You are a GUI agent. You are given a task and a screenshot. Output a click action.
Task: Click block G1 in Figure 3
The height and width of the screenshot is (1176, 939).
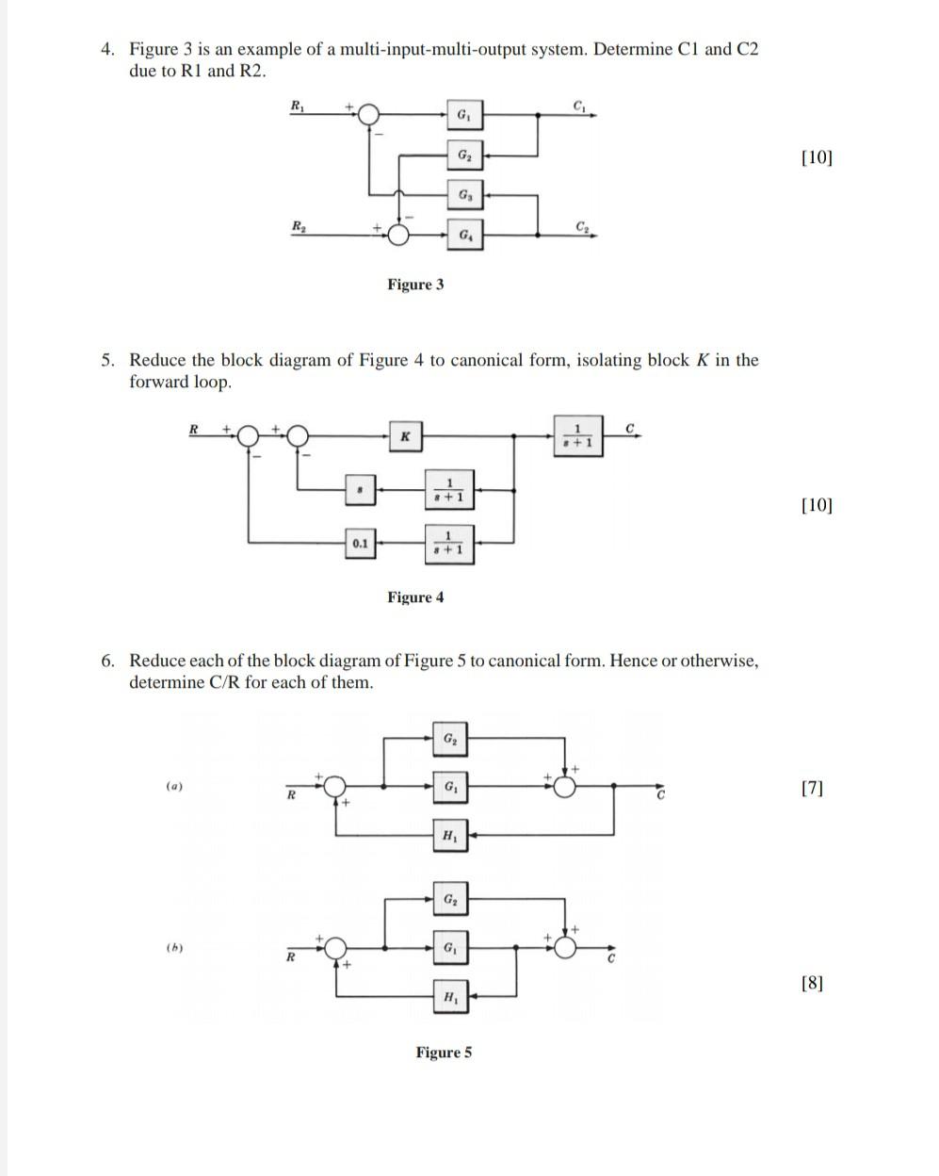[464, 116]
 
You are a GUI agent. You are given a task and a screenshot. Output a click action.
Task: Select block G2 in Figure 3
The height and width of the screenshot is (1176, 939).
[464, 155]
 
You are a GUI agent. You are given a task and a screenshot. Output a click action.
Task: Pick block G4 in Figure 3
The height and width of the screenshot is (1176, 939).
[464, 234]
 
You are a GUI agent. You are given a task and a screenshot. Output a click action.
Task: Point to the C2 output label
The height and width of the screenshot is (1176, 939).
[583, 225]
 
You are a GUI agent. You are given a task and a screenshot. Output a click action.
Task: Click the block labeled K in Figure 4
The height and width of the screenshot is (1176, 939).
[404, 436]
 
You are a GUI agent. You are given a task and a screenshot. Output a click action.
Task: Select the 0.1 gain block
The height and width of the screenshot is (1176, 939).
[360, 544]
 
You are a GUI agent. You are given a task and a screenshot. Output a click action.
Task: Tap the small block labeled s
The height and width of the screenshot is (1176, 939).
[360, 489]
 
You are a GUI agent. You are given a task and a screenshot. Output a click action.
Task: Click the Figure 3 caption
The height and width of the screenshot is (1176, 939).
[415, 285]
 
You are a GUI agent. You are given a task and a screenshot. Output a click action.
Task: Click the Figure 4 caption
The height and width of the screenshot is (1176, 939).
[415, 597]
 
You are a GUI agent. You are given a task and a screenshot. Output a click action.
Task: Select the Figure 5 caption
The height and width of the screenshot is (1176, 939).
[445, 1053]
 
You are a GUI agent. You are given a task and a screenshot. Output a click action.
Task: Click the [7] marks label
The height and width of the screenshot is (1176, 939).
[812, 788]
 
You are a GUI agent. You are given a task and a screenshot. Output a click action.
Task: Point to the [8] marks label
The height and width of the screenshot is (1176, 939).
[812, 984]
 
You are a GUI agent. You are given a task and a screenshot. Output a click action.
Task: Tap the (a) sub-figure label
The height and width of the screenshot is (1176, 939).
[173, 785]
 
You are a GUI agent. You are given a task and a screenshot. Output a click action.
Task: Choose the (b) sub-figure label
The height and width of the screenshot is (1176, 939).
[173, 947]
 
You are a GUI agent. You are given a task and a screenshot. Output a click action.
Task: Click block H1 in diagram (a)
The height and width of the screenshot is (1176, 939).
[450, 835]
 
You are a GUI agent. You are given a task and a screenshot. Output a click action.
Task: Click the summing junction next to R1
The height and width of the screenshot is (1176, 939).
[369, 115]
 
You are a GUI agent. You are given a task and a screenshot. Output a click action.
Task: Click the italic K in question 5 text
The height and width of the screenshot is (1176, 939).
[701, 360]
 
